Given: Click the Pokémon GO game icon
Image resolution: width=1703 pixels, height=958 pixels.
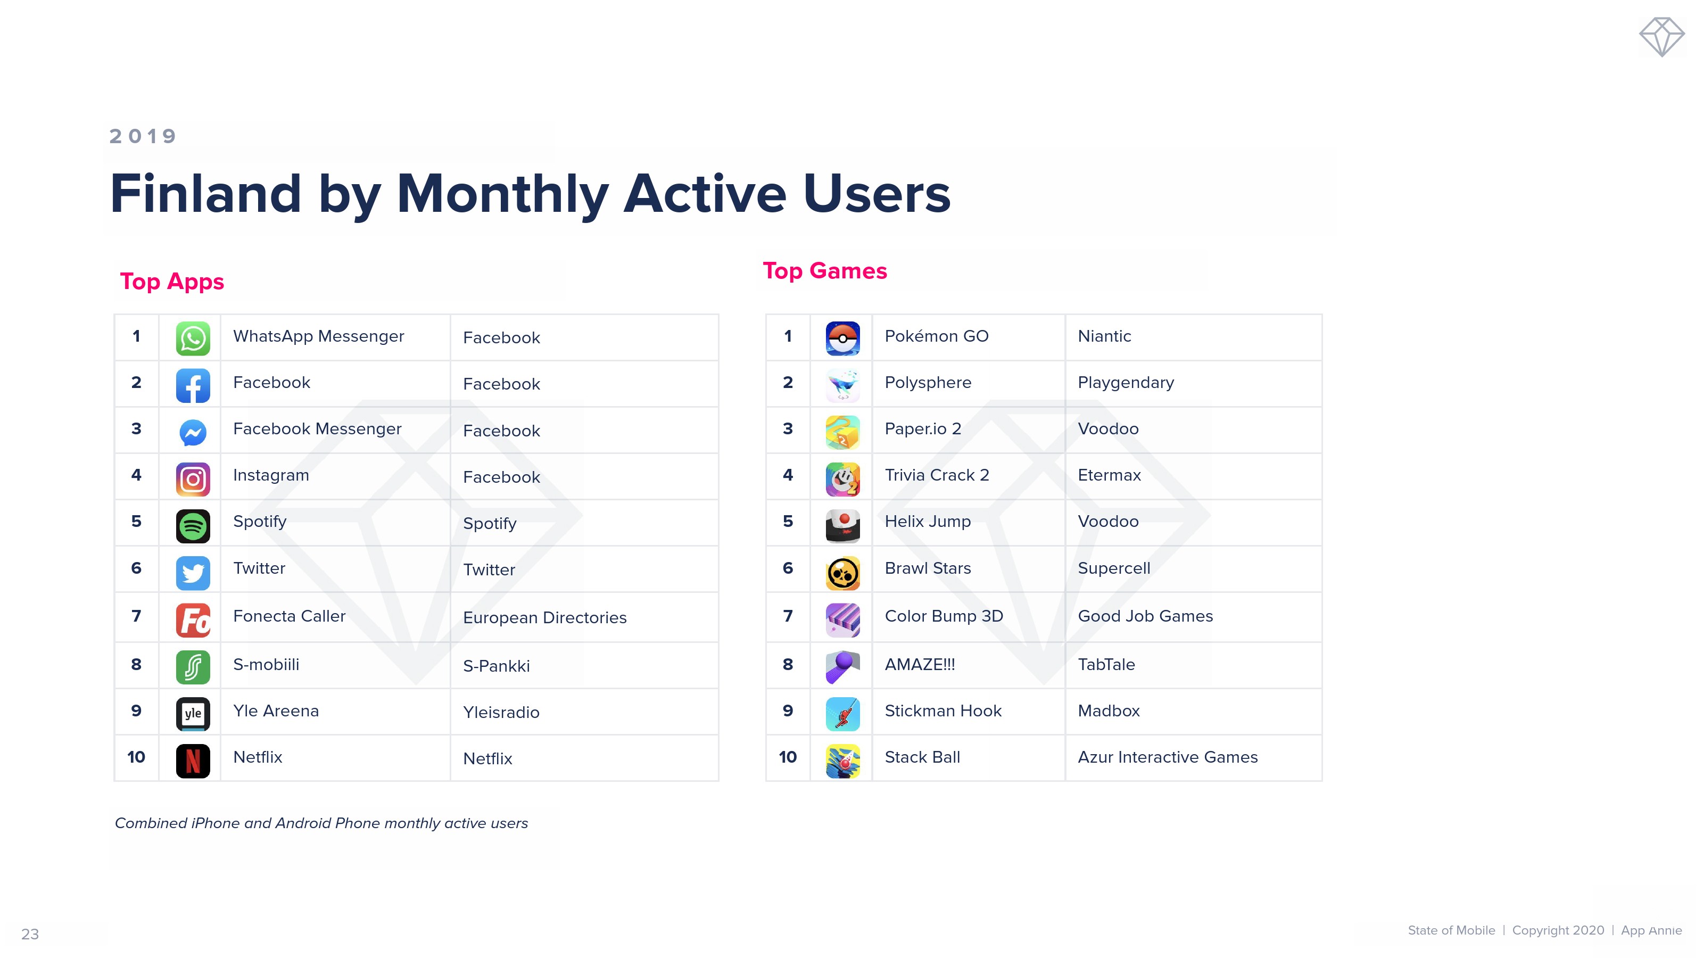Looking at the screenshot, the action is point(842,338).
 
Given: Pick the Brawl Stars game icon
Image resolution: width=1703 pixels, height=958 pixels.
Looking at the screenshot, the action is point(842,573).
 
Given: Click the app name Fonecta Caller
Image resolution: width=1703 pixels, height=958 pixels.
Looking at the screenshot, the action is point(289,616).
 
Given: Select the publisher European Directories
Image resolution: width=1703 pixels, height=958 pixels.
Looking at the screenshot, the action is point(545,617).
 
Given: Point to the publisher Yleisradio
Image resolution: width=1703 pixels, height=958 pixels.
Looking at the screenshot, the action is point(501,712).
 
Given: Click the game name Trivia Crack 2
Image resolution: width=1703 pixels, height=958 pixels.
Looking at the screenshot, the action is point(937,475).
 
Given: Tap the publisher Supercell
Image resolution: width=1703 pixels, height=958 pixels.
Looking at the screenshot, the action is point(1114,568).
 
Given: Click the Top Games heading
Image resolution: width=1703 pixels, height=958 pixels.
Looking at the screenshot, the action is point(824,270).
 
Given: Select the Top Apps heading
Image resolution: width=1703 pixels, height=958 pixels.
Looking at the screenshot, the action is point(172,282).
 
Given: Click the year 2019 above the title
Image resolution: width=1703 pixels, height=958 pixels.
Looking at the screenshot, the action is point(143,136).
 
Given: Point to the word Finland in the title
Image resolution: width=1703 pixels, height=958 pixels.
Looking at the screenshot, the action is point(205,193).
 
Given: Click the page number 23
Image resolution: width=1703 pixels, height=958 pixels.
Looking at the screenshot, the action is point(30,934).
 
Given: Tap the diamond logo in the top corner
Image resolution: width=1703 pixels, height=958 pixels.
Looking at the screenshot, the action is point(1661,37).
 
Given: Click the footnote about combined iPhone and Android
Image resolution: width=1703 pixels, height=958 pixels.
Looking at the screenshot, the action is point(321,823).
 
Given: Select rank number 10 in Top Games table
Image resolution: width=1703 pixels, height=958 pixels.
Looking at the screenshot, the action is point(788,757).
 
